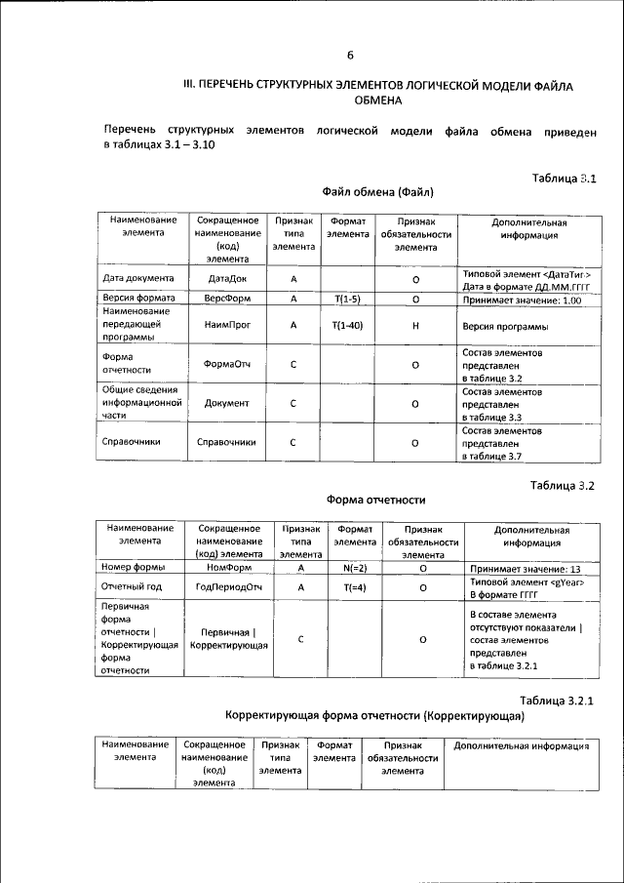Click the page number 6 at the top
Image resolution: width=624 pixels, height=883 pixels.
(x=350, y=55)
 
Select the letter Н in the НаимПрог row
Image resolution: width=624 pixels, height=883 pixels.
(x=415, y=326)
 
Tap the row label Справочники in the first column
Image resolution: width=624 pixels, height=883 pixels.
(x=132, y=442)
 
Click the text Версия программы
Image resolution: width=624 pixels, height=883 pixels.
(x=504, y=326)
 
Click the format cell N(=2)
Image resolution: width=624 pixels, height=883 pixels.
(x=355, y=567)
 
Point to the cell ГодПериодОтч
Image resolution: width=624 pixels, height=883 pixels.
(x=230, y=587)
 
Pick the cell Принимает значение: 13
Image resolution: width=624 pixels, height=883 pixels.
(x=525, y=568)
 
